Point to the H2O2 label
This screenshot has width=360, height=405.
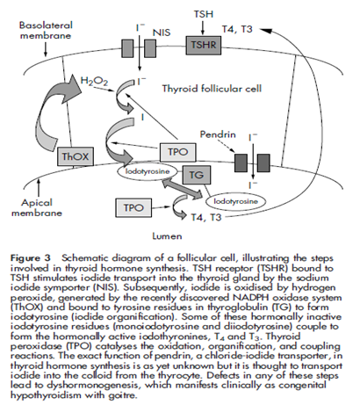(x=94, y=82)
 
